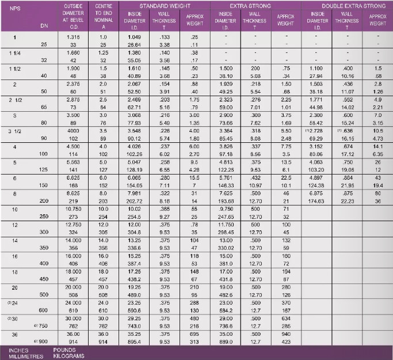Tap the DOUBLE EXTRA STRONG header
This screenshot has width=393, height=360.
tap(347, 5)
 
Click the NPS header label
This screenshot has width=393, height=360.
tap(16, 9)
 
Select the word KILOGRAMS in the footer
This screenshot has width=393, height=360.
tap(68, 355)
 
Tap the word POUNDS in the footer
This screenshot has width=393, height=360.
tap(65, 350)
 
